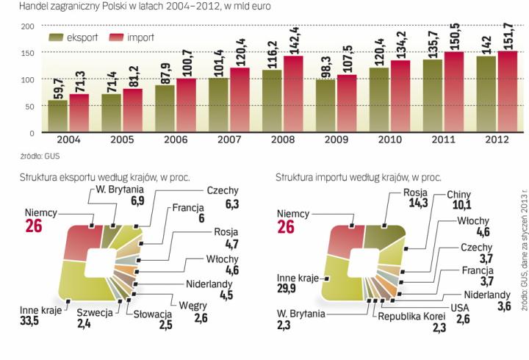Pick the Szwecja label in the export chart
(93, 334)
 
